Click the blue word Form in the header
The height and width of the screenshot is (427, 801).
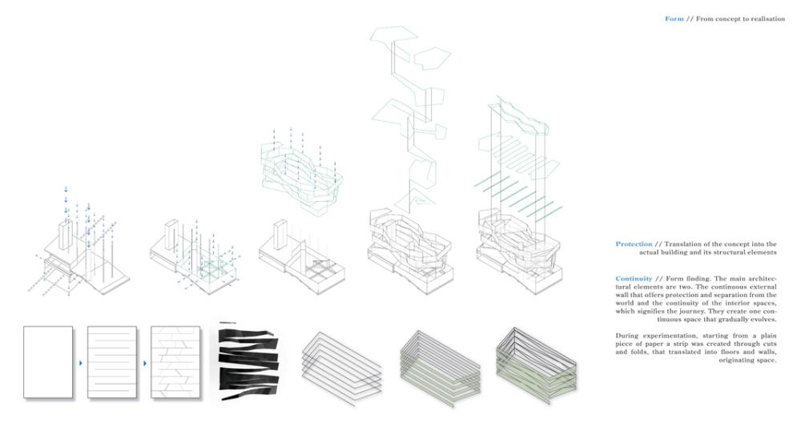pos(674,19)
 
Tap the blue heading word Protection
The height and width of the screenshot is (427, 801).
pos(634,244)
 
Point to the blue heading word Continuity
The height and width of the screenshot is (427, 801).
pos(634,279)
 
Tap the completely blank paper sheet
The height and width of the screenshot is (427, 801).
pos(48,362)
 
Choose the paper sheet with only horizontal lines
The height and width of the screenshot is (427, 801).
pos(112,362)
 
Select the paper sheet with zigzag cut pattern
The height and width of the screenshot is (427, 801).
pos(175,362)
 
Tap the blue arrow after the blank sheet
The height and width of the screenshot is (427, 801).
pos(81,363)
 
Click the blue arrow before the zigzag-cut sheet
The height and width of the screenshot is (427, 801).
pos(144,363)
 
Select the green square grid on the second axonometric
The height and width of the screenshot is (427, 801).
pos(211,269)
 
